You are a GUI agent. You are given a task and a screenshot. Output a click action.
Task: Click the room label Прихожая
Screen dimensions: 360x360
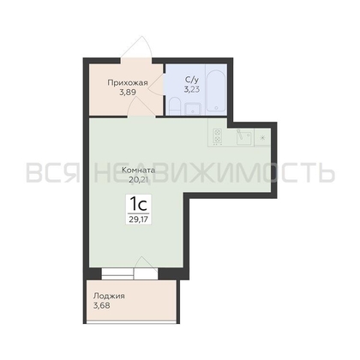128,83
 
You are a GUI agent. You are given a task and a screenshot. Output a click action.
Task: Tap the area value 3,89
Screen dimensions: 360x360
128,93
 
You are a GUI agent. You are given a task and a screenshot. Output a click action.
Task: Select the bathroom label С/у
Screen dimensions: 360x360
192,80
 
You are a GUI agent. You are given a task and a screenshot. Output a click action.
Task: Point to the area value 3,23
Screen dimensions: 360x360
192,89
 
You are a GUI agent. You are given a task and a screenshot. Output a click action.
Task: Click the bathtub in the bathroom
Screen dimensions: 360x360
216,89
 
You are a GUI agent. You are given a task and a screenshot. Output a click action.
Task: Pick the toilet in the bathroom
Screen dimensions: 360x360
174,106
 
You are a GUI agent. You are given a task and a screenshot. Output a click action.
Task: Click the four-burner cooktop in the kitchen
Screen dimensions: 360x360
218,136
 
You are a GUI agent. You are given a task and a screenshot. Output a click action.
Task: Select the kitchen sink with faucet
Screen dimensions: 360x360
243,137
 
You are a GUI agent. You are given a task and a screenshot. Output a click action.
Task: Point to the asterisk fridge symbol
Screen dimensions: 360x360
262,138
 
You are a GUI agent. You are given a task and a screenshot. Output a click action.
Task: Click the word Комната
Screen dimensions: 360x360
139,171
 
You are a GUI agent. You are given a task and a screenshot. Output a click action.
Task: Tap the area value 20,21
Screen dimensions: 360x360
139,180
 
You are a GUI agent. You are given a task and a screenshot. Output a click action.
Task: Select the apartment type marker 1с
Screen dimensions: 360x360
139,204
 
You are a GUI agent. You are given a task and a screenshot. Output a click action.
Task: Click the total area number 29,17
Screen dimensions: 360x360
139,219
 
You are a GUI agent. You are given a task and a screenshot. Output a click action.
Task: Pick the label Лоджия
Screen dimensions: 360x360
109,296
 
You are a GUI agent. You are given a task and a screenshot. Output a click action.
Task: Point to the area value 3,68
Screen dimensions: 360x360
102,305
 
